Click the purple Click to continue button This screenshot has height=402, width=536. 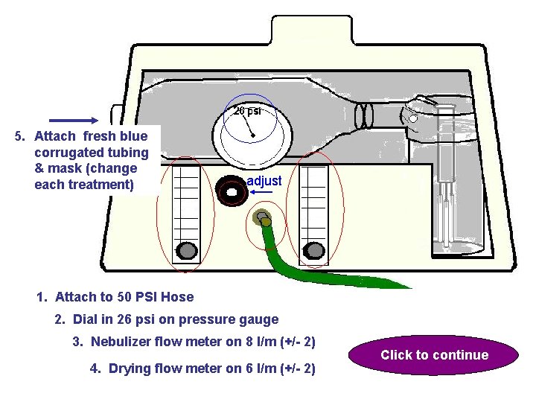(x=435, y=355)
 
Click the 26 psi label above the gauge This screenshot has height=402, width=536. (x=247, y=111)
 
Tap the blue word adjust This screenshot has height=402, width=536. (x=264, y=181)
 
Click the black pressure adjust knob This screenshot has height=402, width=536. (x=232, y=191)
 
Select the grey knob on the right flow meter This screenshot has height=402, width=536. (x=315, y=249)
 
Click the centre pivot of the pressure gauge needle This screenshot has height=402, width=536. (x=254, y=135)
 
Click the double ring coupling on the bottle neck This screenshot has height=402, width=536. (x=364, y=115)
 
